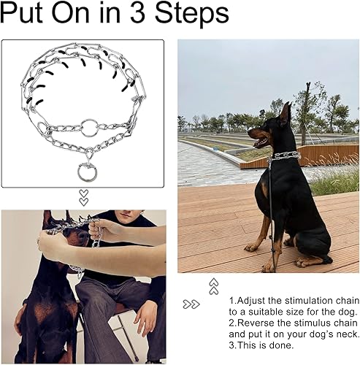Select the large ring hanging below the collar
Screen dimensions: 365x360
87,173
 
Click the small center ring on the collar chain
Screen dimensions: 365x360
89,128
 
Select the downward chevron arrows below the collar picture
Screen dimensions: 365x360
83,197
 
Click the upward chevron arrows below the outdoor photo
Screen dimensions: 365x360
213,285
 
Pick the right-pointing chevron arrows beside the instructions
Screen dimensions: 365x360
191,304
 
